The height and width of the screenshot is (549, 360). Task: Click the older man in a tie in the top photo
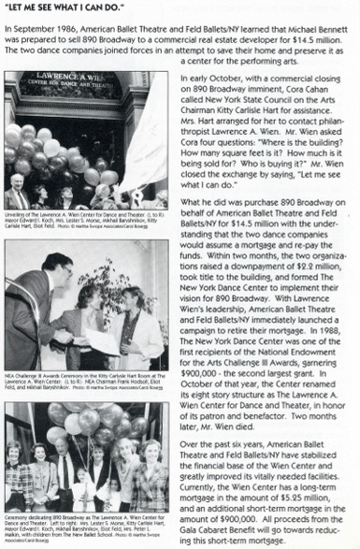point(20,192)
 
